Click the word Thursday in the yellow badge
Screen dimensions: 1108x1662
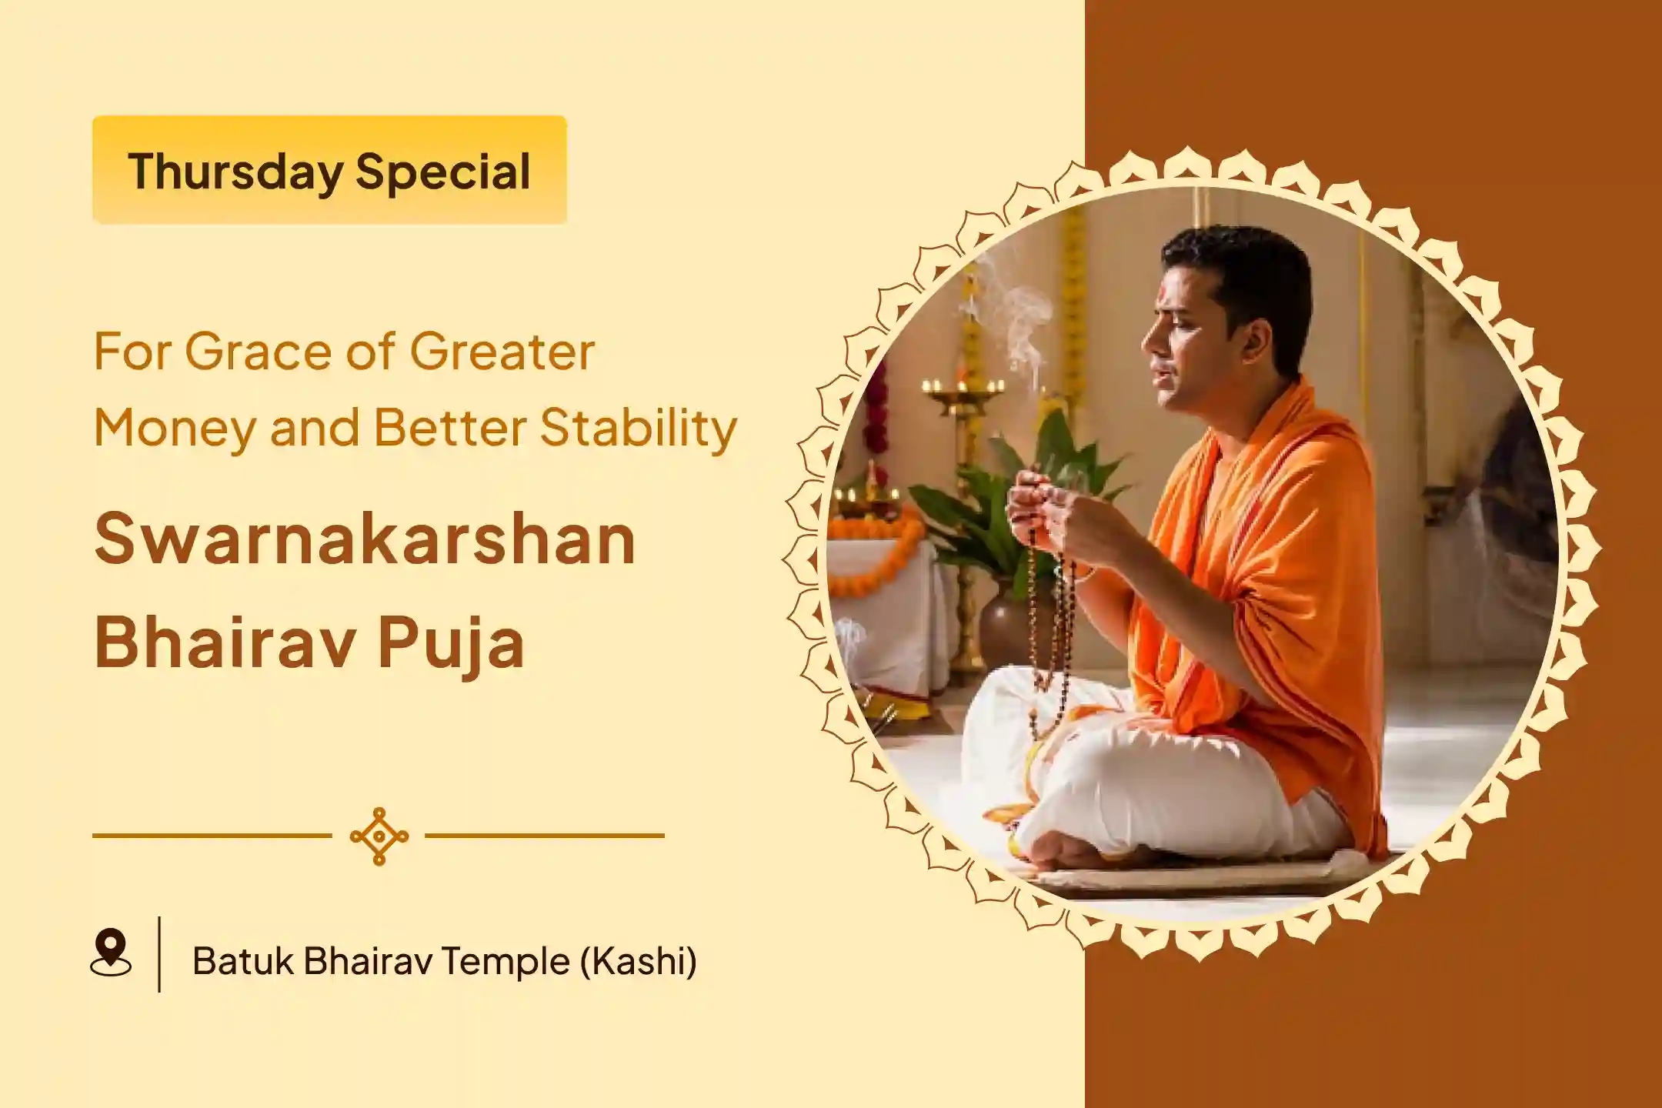click(x=235, y=172)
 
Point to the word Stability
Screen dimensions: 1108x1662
click(x=639, y=428)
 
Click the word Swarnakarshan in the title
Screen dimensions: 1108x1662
click(x=365, y=539)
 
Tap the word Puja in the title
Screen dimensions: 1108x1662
click(x=451, y=643)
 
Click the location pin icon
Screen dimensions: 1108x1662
click(x=111, y=952)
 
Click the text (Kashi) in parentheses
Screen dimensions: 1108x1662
click(x=638, y=961)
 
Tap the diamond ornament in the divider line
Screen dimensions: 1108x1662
click(x=379, y=836)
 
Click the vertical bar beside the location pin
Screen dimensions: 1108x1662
click(x=159, y=954)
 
